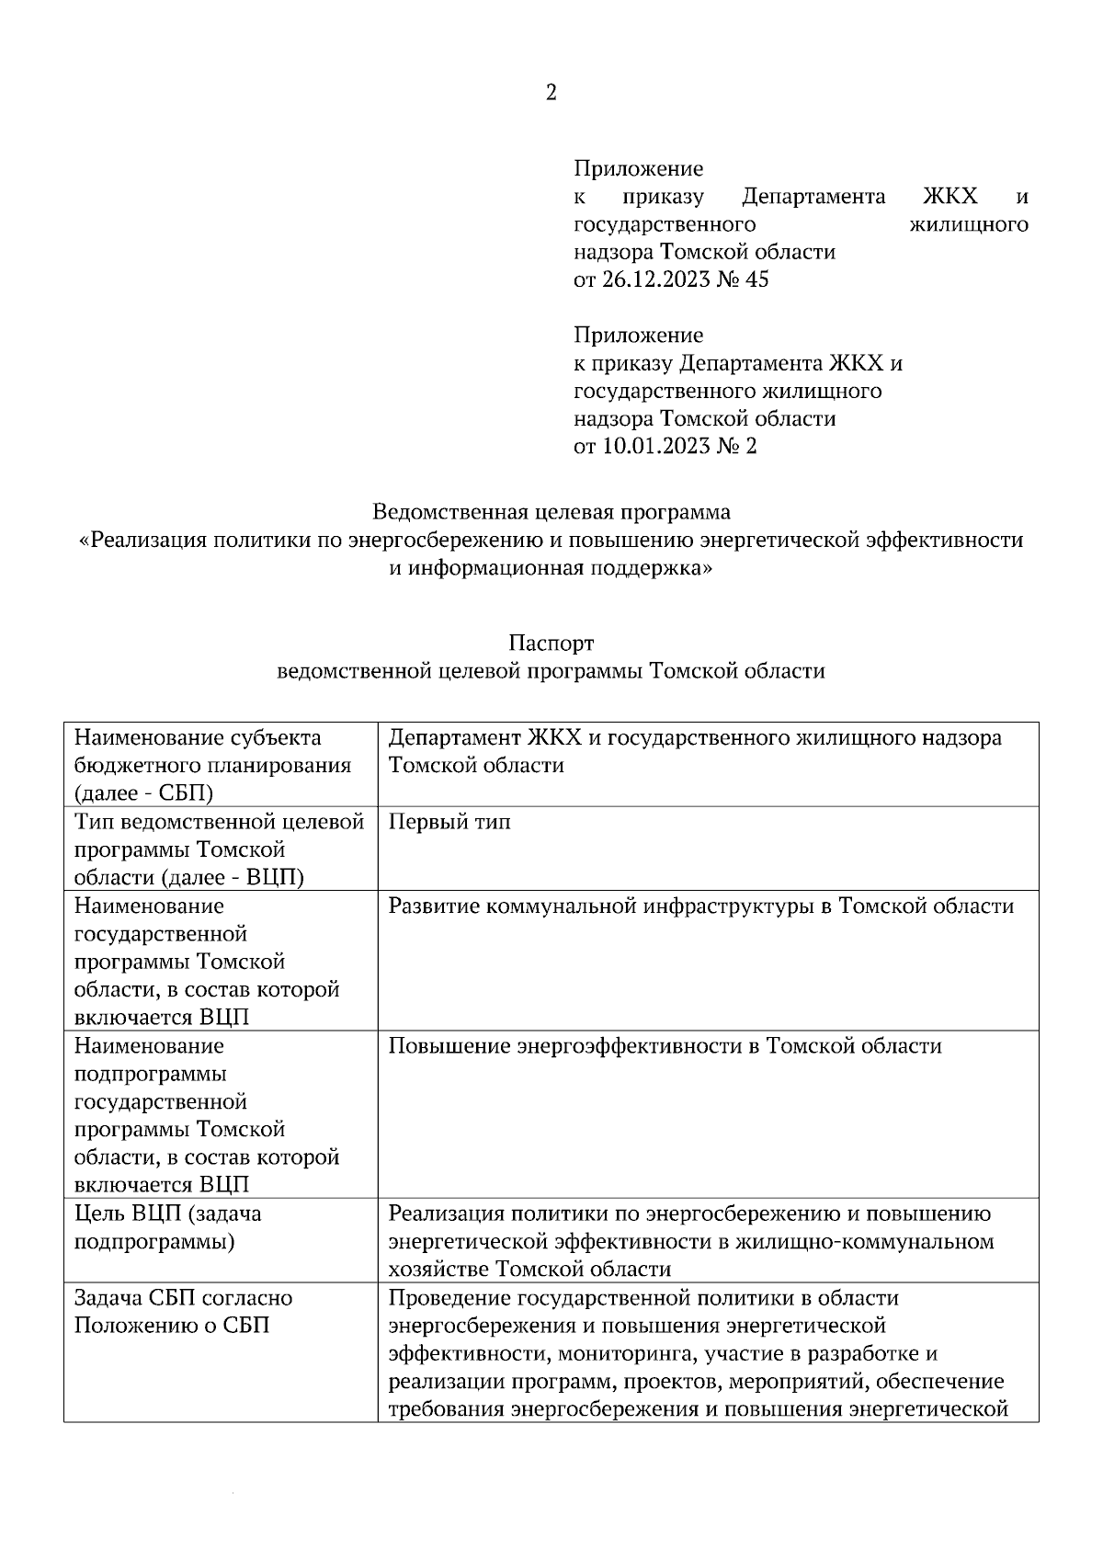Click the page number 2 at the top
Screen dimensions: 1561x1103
pos(551,93)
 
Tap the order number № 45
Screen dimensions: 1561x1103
pos(745,279)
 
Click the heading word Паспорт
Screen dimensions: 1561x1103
pos(551,643)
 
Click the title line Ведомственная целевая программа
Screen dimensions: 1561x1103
pos(551,511)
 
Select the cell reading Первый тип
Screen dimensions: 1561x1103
pos(449,822)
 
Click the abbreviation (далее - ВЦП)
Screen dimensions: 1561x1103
pos(233,877)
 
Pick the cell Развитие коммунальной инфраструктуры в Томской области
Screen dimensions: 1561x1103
pos(701,906)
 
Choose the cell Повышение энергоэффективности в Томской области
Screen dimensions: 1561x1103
pos(665,1046)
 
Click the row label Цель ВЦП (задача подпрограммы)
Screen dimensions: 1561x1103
pos(167,1227)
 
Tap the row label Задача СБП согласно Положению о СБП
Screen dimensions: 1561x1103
pos(183,1312)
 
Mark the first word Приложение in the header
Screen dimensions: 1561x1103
pos(638,168)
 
